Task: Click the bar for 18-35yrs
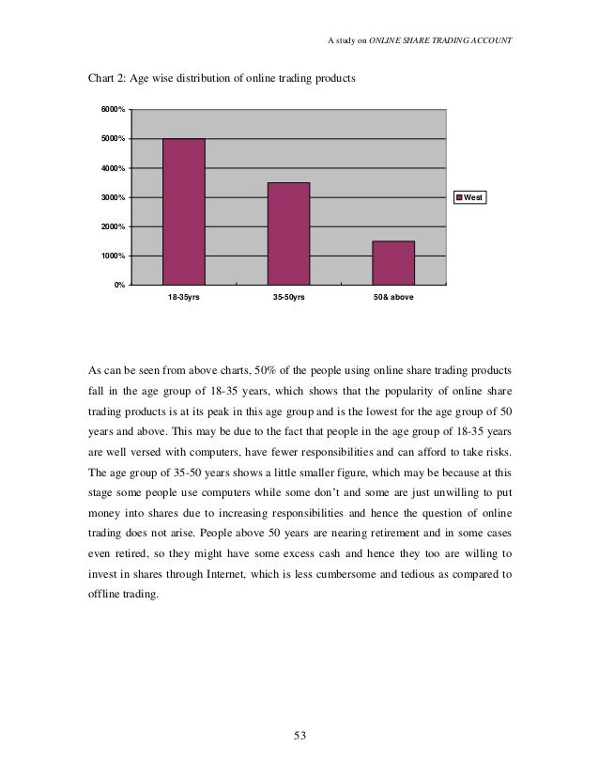click(184, 211)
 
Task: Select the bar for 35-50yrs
click(288, 233)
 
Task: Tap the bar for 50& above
click(393, 262)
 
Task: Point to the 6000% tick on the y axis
click(113, 111)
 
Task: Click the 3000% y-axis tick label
click(113, 198)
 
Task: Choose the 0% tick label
click(119, 286)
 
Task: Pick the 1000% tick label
click(113, 256)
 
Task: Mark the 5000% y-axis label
click(113, 140)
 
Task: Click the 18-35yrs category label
click(184, 297)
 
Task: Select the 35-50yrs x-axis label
click(288, 297)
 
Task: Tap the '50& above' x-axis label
click(393, 297)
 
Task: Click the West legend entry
click(471, 198)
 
